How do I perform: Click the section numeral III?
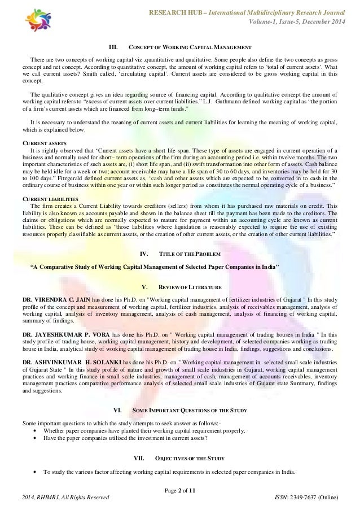[x=113, y=46]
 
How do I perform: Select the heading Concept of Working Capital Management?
[x=190, y=46]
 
